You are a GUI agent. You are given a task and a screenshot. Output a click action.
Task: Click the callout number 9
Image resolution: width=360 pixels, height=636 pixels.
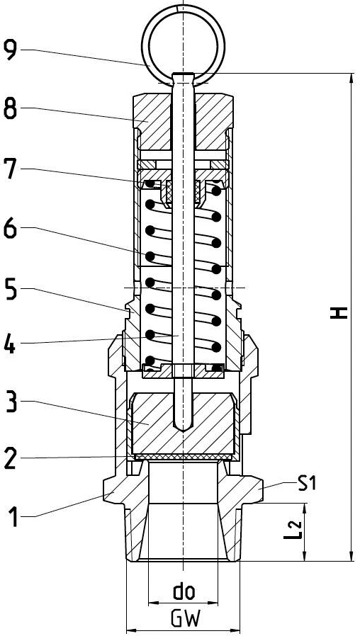click(11, 50)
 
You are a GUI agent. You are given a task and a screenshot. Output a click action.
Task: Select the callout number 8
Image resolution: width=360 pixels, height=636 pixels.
click(11, 108)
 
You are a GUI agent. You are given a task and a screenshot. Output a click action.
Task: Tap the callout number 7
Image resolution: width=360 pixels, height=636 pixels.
click(11, 169)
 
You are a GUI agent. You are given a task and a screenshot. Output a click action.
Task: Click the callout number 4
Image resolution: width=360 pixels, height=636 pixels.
click(11, 344)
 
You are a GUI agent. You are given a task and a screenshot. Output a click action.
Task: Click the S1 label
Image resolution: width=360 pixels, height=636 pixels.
click(307, 483)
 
